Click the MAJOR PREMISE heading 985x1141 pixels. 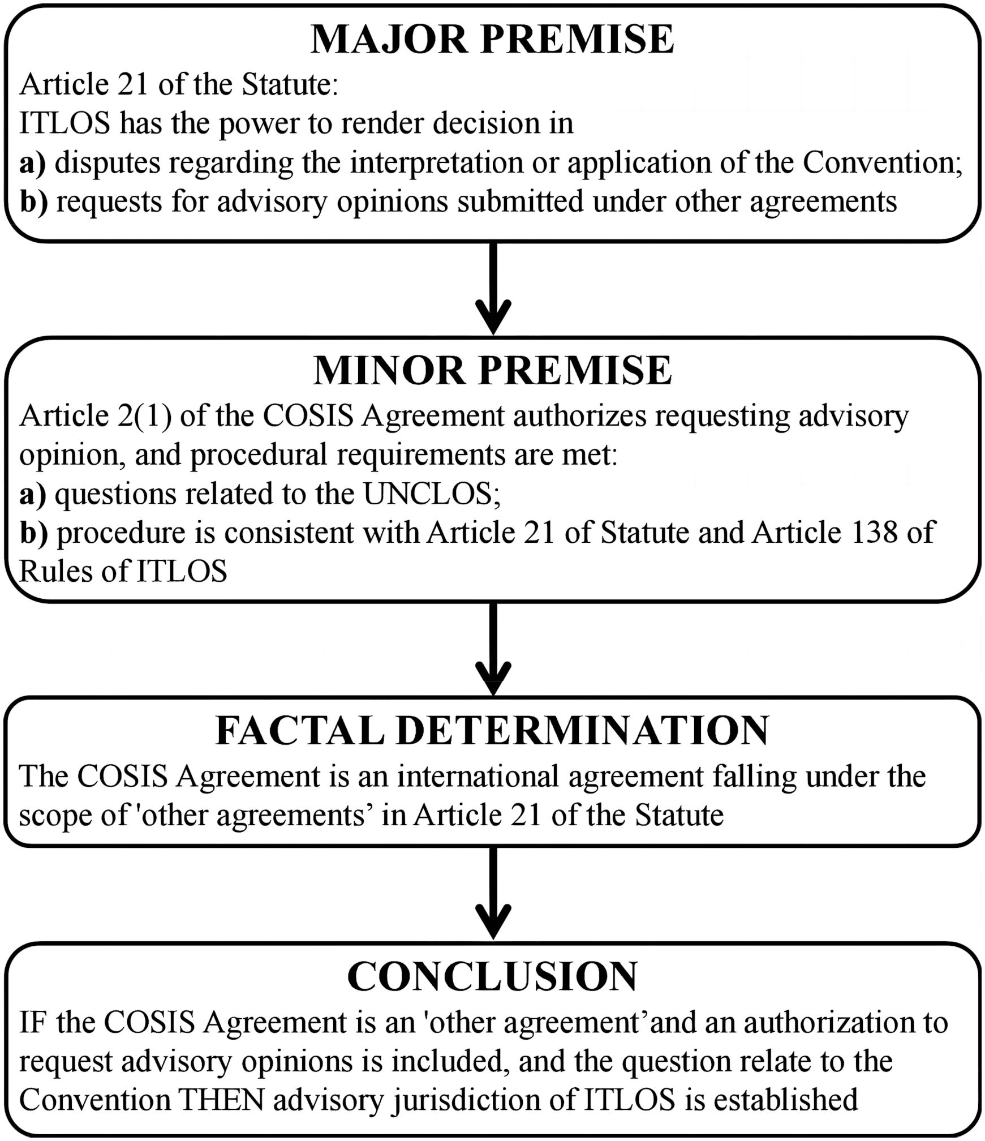pos(492,40)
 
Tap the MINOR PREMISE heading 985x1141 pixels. pos(492,371)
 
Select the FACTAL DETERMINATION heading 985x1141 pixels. pos(492,731)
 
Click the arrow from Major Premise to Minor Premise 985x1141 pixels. pos(493,289)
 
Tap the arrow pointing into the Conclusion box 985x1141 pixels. pos(493,894)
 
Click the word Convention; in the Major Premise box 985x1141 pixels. pos(883,163)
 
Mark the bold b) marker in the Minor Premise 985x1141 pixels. pos(34,533)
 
